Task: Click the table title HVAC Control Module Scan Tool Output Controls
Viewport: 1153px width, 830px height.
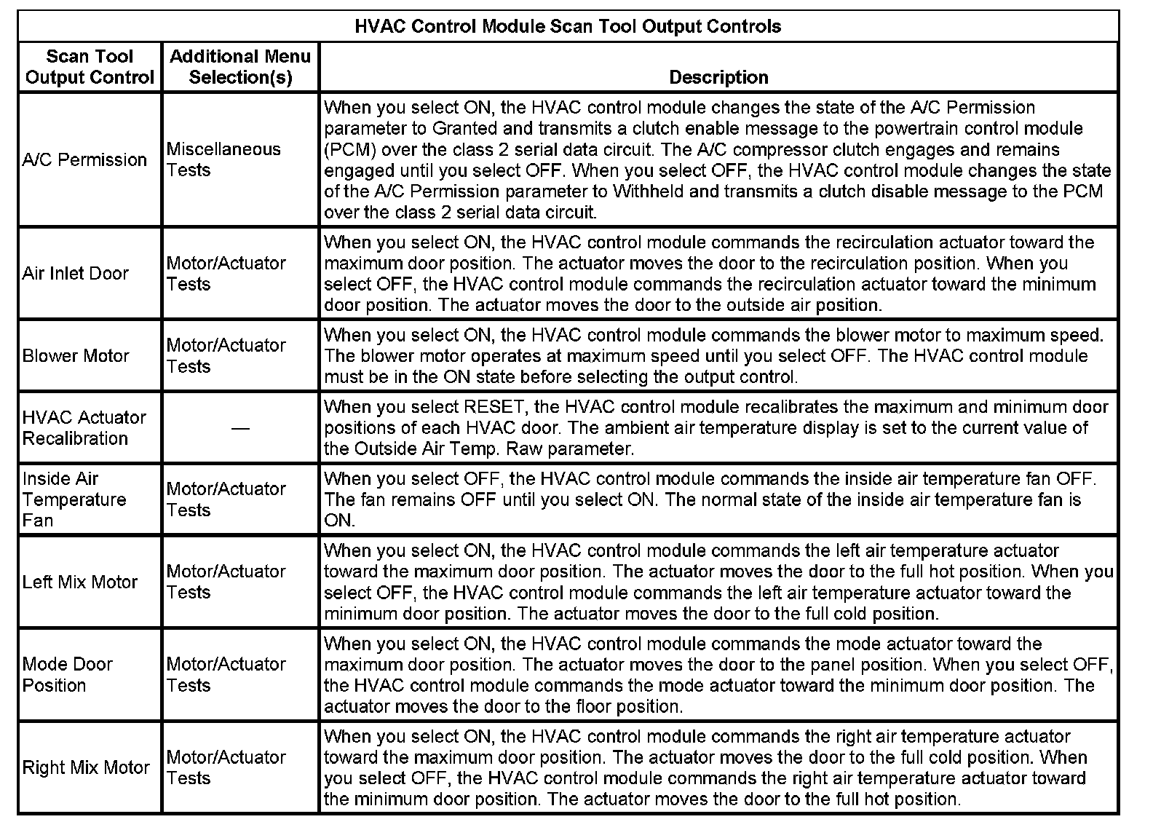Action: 568,27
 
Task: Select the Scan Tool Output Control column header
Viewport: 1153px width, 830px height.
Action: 90,67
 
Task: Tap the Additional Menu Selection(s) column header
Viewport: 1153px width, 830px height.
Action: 240,67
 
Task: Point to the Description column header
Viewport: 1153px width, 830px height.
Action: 718,77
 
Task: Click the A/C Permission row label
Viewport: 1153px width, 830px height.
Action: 84,159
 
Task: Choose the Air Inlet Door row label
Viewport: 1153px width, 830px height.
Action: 75,273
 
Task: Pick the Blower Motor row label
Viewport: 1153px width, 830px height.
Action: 76,356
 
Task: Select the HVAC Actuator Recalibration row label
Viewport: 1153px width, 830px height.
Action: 84,428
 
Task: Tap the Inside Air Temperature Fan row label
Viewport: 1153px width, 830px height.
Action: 74,499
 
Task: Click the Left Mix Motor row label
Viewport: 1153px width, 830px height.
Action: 79,582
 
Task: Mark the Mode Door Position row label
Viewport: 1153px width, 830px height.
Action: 67,675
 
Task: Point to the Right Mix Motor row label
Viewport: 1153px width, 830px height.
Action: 86,767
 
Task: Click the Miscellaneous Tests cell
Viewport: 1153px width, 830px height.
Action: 223,159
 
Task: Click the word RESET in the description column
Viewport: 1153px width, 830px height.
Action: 493,407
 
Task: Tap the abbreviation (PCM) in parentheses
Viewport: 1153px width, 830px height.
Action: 349,150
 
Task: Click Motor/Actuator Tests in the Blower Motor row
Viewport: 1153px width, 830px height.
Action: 226,356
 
